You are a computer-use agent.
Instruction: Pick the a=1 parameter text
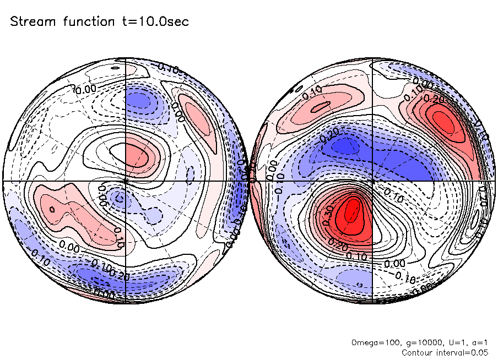474,343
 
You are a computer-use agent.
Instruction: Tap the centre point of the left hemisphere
126,181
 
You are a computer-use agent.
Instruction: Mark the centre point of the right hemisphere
373,181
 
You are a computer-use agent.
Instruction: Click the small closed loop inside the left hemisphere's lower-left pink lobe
52,209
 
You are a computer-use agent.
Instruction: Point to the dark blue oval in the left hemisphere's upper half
140,101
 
